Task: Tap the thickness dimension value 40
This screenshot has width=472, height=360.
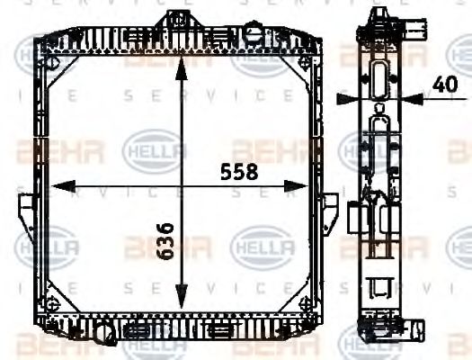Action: [443, 84]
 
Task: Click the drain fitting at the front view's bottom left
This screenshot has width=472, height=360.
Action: [102, 335]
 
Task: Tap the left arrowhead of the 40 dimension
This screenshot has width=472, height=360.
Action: [361, 97]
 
